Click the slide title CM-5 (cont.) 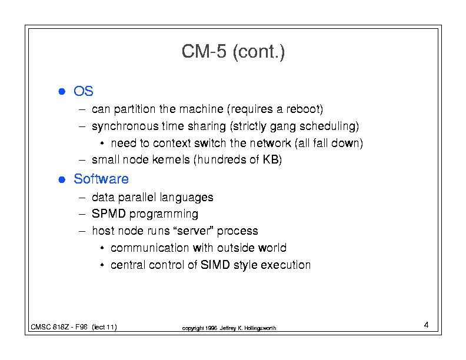[x=233, y=52]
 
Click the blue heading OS [x=84, y=91]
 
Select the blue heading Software [x=101, y=179]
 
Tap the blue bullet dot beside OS [x=62, y=92]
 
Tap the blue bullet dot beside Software [x=62, y=179]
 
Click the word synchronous [x=125, y=127]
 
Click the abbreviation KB [x=271, y=160]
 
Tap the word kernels [x=171, y=160]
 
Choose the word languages [x=187, y=198]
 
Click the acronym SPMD [x=109, y=214]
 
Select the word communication [x=150, y=248]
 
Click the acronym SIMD [x=215, y=265]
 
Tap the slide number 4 [x=426, y=325]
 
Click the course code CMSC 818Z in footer [x=50, y=327]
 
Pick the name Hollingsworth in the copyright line [x=260, y=328]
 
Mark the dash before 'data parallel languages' [x=82, y=198]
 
